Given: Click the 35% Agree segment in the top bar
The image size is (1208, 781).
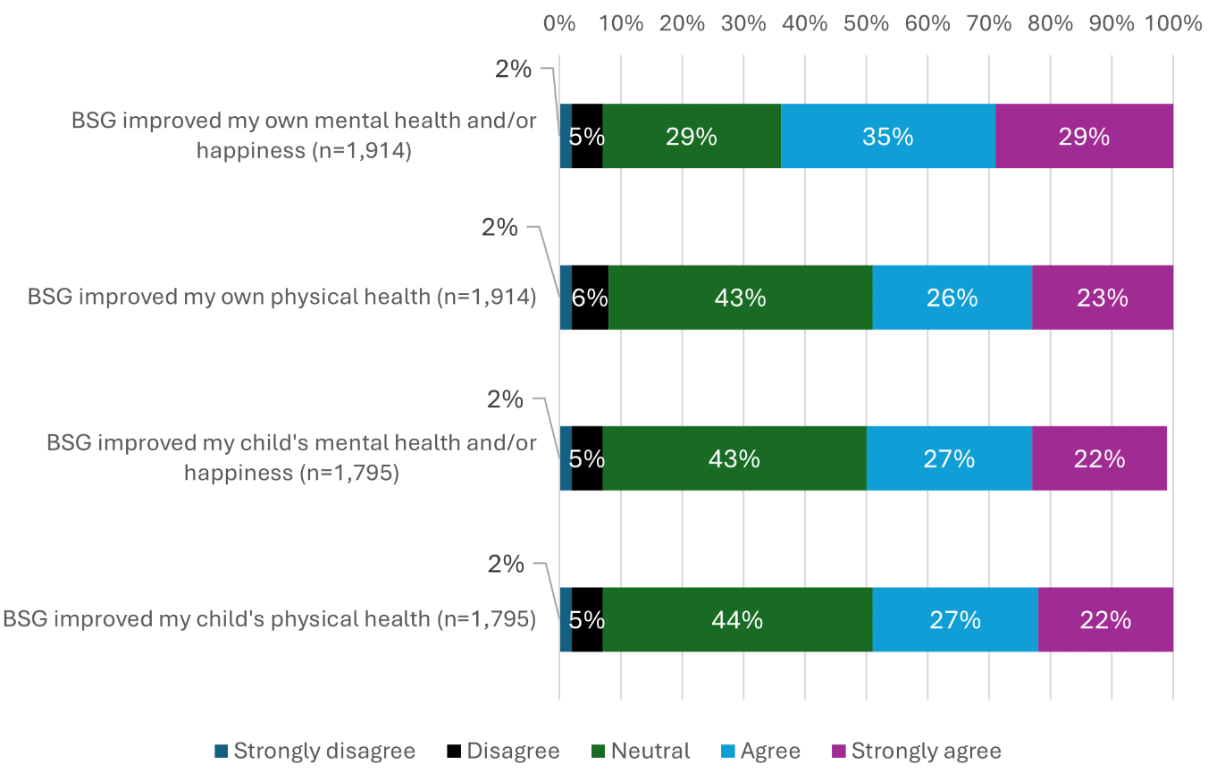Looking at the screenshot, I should click(x=887, y=136).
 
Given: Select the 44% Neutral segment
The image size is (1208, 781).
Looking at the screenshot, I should click(x=737, y=619).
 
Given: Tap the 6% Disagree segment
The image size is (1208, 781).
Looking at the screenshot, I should click(x=590, y=298).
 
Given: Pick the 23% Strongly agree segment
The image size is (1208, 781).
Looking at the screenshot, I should click(x=1103, y=298).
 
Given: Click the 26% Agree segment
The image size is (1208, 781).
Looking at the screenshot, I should click(x=952, y=298).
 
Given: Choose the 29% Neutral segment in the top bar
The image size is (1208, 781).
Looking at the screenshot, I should click(x=692, y=136).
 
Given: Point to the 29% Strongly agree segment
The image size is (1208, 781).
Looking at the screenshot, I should click(x=1084, y=136).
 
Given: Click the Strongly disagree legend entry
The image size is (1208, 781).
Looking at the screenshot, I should click(x=315, y=751).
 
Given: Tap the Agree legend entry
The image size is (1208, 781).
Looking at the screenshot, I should click(x=760, y=751).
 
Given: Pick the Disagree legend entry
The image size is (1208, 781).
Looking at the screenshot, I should click(x=503, y=751).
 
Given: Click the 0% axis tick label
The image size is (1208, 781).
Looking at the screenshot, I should click(x=559, y=23).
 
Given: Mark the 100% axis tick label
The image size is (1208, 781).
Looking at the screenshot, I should click(x=1172, y=23).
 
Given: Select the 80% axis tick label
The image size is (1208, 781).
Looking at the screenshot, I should click(x=1050, y=23).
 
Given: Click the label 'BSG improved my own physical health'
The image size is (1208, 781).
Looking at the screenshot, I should click(x=281, y=298).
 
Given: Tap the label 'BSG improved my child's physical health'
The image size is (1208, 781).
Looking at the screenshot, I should click(x=269, y=619).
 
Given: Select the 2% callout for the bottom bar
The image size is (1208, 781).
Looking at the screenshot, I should click(x=505, y=564).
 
